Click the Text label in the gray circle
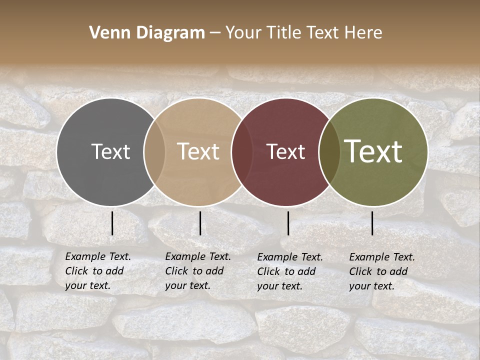tap(110, 151)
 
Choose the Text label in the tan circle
tap(198, 151)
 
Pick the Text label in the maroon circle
tap(285, 151)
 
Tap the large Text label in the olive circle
tap(373, 151)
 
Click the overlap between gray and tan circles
tap(154, 152)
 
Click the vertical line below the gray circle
tap(112, 223)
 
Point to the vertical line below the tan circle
tap(200, 223)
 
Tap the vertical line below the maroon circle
tap(288, 223)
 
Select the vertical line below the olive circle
tap(372, 223)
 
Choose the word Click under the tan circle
tap(176, 271)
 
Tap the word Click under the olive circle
tap(360, 272)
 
